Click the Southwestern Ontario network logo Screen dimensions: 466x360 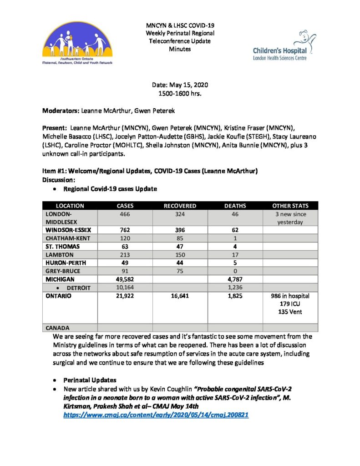point(78,44)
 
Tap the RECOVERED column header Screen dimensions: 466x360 point(180,206)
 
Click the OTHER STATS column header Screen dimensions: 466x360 point(290,206)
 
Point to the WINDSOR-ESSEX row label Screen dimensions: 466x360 point(65,230)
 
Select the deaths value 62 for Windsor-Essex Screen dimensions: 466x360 point(235,230)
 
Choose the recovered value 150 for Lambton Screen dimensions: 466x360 point(180,255)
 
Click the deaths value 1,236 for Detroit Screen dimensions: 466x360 point(235,288)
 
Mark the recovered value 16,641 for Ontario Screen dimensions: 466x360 point(180,296)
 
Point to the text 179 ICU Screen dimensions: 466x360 point(290,304)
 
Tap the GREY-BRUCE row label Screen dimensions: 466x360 point(62,271)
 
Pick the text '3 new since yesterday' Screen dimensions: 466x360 point(290,218)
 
